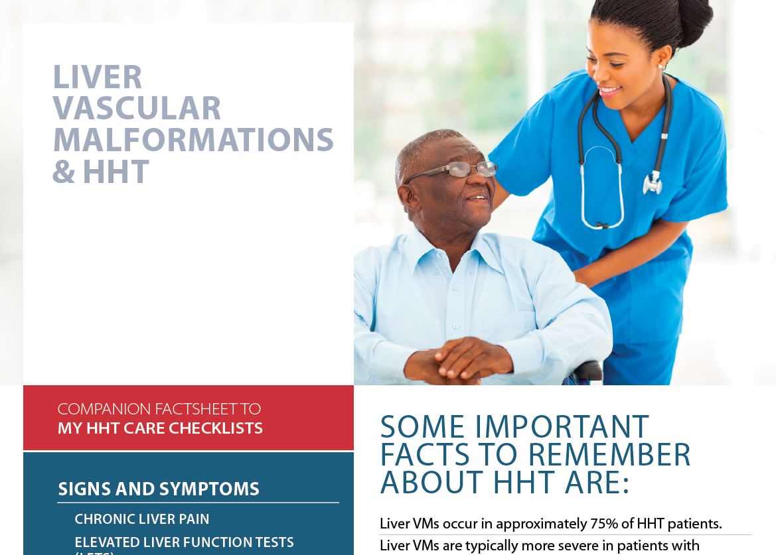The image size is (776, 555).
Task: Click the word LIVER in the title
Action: tap(97, 78)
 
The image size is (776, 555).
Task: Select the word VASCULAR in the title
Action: tap(137, 109)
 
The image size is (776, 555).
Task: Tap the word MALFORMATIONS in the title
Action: tap(193, 141)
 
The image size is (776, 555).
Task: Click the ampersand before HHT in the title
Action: tap(63, 172)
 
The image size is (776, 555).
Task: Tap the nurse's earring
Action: tap(661, 67)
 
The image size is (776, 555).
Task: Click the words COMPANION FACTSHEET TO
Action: tap(159, 409)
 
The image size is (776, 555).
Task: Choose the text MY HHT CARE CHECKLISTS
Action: tap(160, 428)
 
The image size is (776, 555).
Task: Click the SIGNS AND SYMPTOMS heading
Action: tap(159, 489)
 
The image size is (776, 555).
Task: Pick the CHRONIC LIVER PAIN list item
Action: tap(141, 519)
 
